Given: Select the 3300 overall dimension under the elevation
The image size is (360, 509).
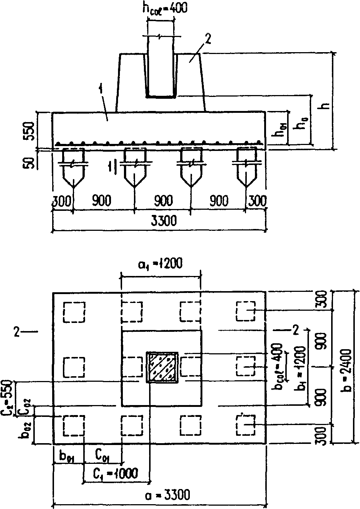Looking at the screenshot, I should point(159,222).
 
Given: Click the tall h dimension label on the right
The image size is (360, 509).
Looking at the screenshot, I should point(326,106).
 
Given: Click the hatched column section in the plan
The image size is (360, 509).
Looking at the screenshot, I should point(163,367).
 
